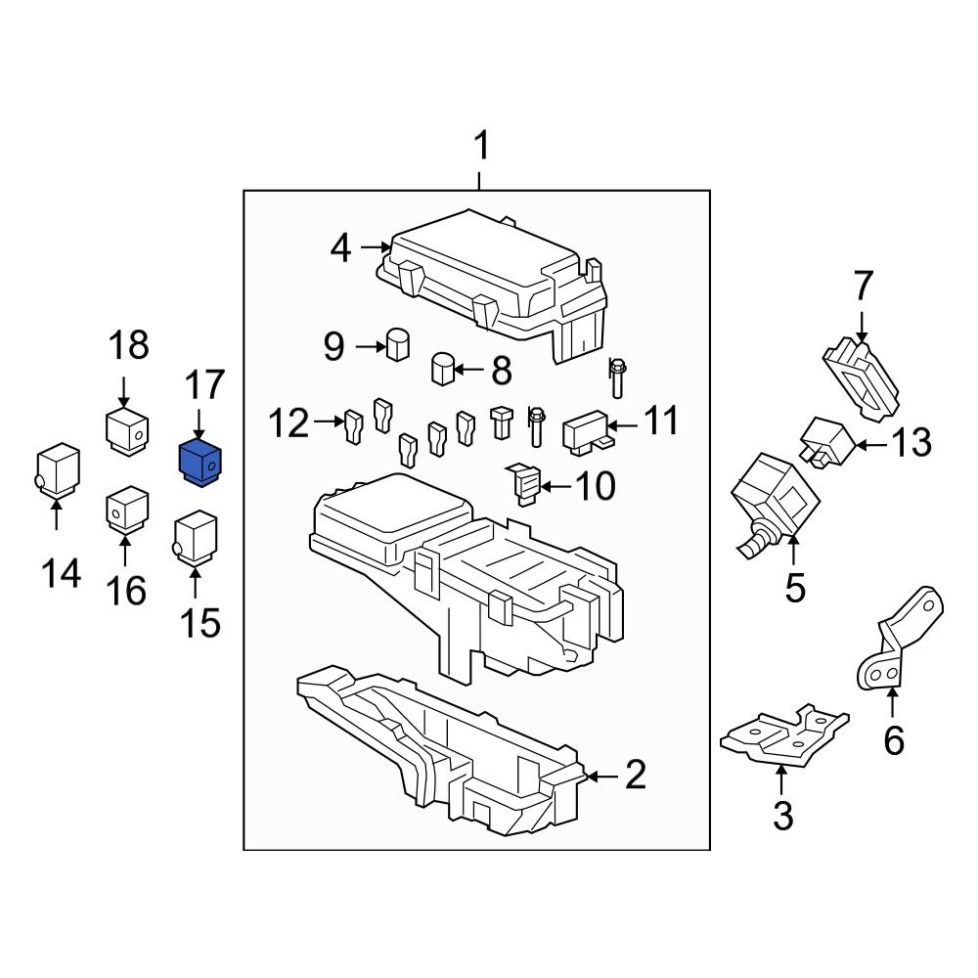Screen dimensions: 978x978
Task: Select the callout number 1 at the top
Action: tap(479, 149)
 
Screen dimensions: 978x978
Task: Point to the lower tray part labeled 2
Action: tap(440, 753)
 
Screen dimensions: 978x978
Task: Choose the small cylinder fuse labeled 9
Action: tap(397, 345)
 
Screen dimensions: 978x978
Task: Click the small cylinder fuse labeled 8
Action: tap(444, 371)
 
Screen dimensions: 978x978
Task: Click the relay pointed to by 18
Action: tap(126, 430)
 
